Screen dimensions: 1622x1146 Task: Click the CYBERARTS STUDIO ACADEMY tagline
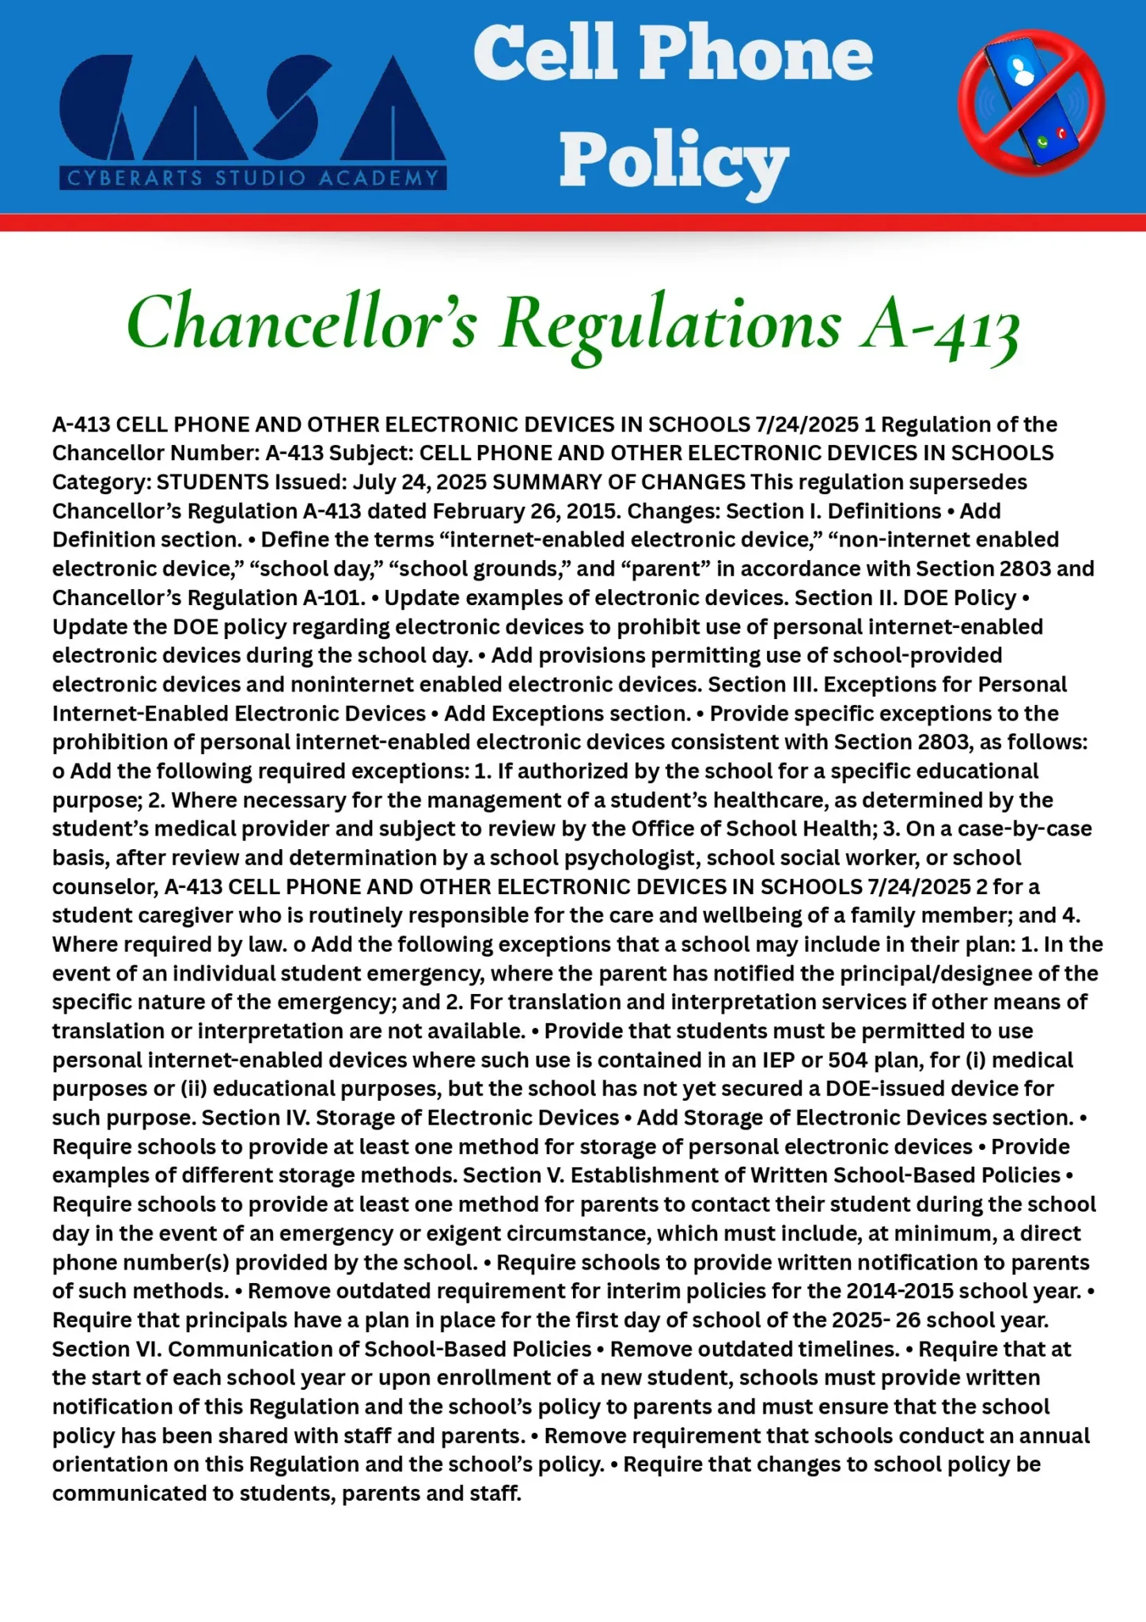[x=253, y=178]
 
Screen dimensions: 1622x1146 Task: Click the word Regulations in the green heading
[x=670, y=324]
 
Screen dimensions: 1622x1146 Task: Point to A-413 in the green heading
[x=940, y=324]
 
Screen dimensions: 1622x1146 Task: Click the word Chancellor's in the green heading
[x=302, y=324]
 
